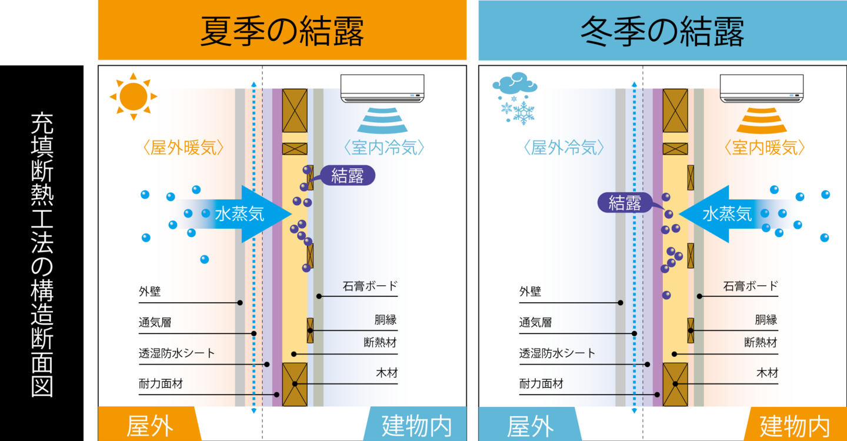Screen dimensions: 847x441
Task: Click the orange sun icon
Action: (x=134, y=96)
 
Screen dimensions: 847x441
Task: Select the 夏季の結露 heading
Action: (x=282, y=31)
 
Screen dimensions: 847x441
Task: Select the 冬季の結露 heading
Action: (x=662, y=31)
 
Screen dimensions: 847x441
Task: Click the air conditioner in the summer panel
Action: (x=382, y=88)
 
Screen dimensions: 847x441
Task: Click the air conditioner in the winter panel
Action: (x=762, y=88)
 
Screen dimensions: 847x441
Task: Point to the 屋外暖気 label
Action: (x=184, y=148)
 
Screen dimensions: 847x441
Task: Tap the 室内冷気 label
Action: (x=384, y=148)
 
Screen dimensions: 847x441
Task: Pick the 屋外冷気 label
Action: (x=563, y=148)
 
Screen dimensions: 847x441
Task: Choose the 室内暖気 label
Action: (x=764, y=148)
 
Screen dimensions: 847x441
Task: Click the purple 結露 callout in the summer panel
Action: (x=347, y=175)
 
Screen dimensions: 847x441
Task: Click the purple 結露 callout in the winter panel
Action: (x=625, y=203)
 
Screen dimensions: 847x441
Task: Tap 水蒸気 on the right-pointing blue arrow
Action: (x=239, y=214)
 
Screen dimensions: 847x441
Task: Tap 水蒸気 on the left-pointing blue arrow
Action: (x=727, y=214)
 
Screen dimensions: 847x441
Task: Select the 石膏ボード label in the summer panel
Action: (x=370, y=286)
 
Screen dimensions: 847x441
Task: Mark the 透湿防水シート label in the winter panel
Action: (x=557, y=353)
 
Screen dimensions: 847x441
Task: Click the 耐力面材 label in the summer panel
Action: (x=161, y=384)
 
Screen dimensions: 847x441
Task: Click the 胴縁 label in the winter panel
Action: (x=766, y=320)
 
